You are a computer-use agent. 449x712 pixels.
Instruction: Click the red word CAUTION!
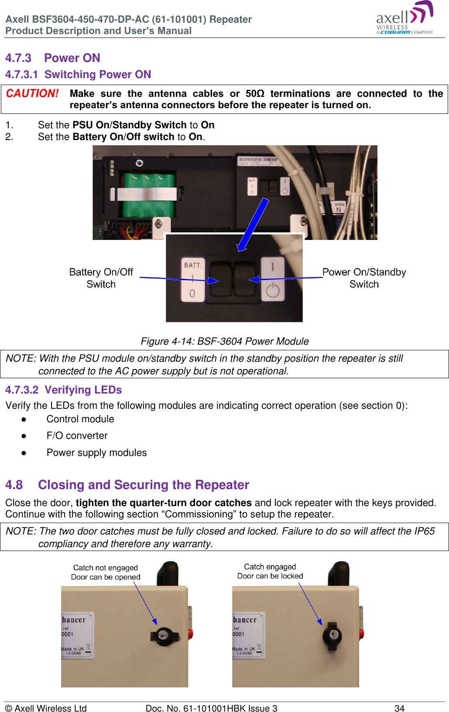(x=32, y=94)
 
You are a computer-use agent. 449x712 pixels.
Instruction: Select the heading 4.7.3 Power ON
(x=53, y=58)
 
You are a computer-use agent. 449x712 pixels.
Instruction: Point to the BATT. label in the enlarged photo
(x=192, y=265)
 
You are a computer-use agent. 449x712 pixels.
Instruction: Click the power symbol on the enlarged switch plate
(x=273, y=290)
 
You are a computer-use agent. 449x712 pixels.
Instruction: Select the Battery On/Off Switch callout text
(x=101, y=278)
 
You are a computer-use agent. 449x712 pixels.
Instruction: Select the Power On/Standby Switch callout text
(x=364, y=278)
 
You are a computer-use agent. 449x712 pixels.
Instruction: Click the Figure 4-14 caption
(x=224, y=341)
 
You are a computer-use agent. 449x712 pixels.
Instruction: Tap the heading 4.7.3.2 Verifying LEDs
(x=64, y=390)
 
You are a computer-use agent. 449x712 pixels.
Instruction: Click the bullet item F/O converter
(x=77, y=435)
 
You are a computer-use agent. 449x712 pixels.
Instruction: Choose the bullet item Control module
(x=80, y=419)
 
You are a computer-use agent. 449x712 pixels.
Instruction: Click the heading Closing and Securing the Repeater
(x=143, y=485)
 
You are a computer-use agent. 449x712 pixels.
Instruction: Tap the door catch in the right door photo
(x=332, y=634)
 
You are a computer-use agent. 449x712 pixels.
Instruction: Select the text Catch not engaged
(x=105, y=568)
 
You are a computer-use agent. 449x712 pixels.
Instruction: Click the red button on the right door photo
(x=362, y=633)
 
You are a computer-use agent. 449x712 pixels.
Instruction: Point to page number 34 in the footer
(x=399, y=708)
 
